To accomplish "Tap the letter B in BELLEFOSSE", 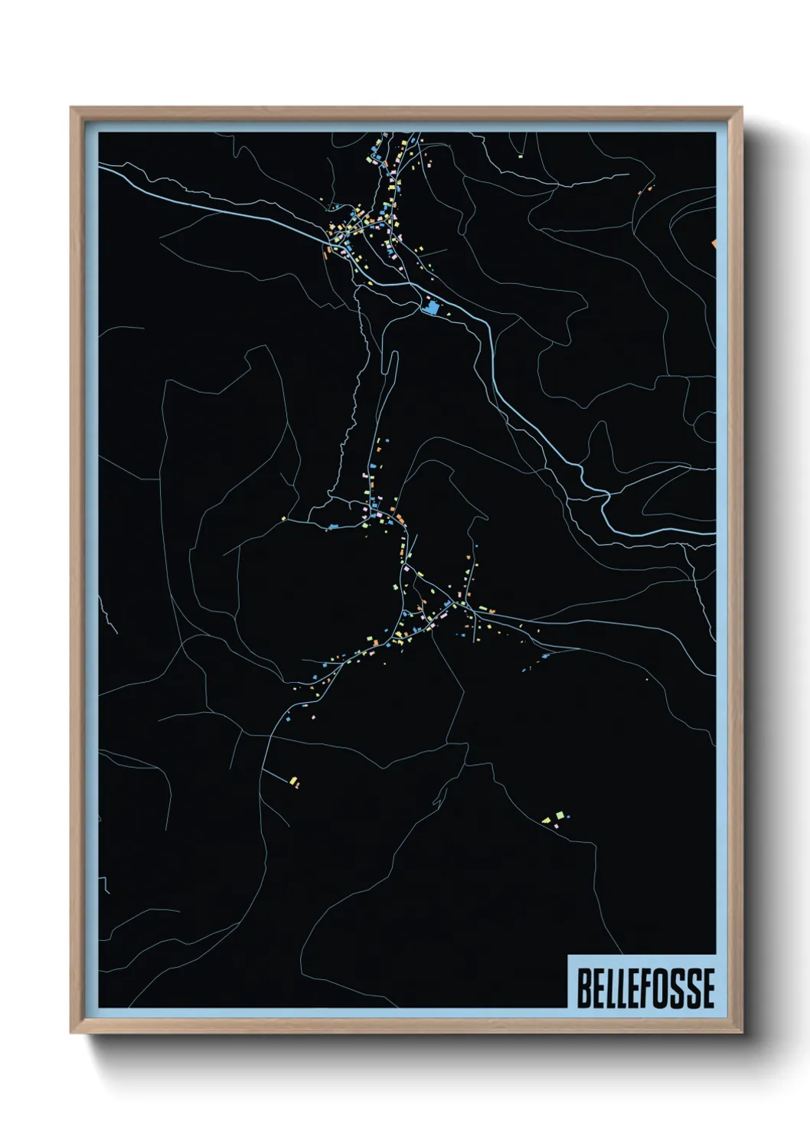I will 583,988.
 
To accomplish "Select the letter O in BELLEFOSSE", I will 665,988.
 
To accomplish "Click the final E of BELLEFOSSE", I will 708,988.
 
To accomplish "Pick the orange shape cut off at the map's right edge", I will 714,243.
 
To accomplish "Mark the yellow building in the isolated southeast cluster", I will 547,821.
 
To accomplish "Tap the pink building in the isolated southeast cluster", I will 557,825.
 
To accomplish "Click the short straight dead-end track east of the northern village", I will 433,252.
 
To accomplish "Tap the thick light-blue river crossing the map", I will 536,429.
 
